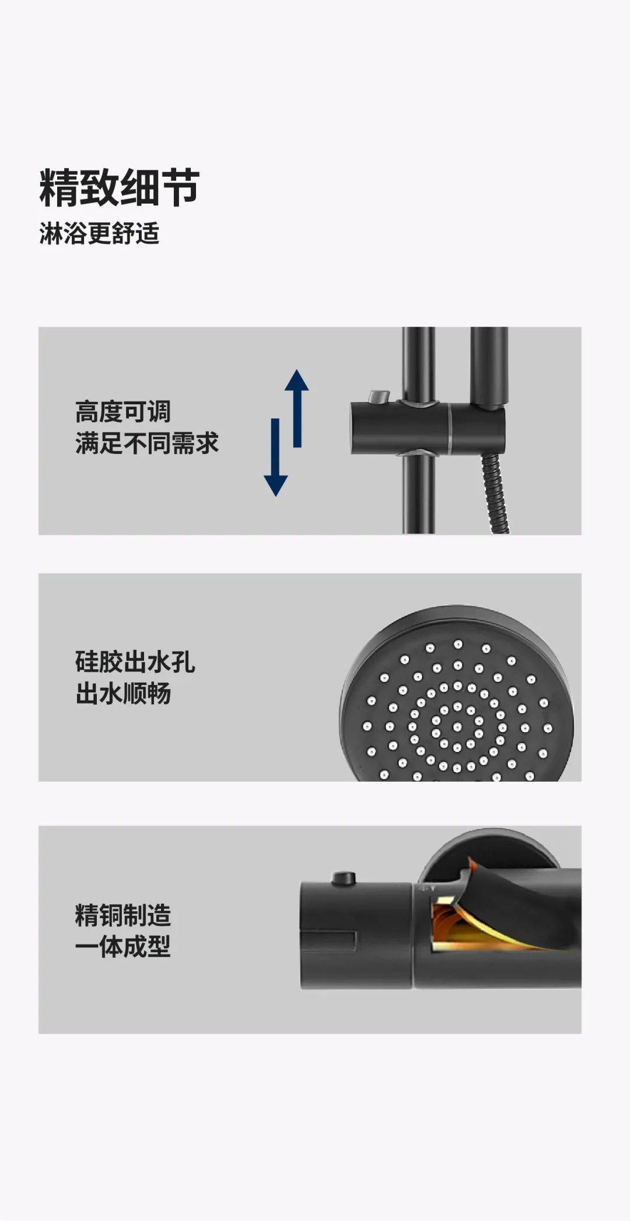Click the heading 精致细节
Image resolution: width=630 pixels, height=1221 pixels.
point(120,188)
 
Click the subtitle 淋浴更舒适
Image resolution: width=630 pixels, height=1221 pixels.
point(99,233)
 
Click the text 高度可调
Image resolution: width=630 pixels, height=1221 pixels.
point(123,412)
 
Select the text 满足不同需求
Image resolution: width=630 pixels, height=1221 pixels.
point(146,443)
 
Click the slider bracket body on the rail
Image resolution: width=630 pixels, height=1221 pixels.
point(402,427)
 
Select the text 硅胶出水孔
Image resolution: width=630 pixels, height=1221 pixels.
point(135,662)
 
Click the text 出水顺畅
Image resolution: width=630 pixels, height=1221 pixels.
point(123,694)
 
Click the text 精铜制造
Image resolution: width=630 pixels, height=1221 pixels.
point(123,915)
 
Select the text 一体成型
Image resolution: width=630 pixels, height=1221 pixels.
point(123,946)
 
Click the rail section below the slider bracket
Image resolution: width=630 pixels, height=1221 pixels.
point(418,496)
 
